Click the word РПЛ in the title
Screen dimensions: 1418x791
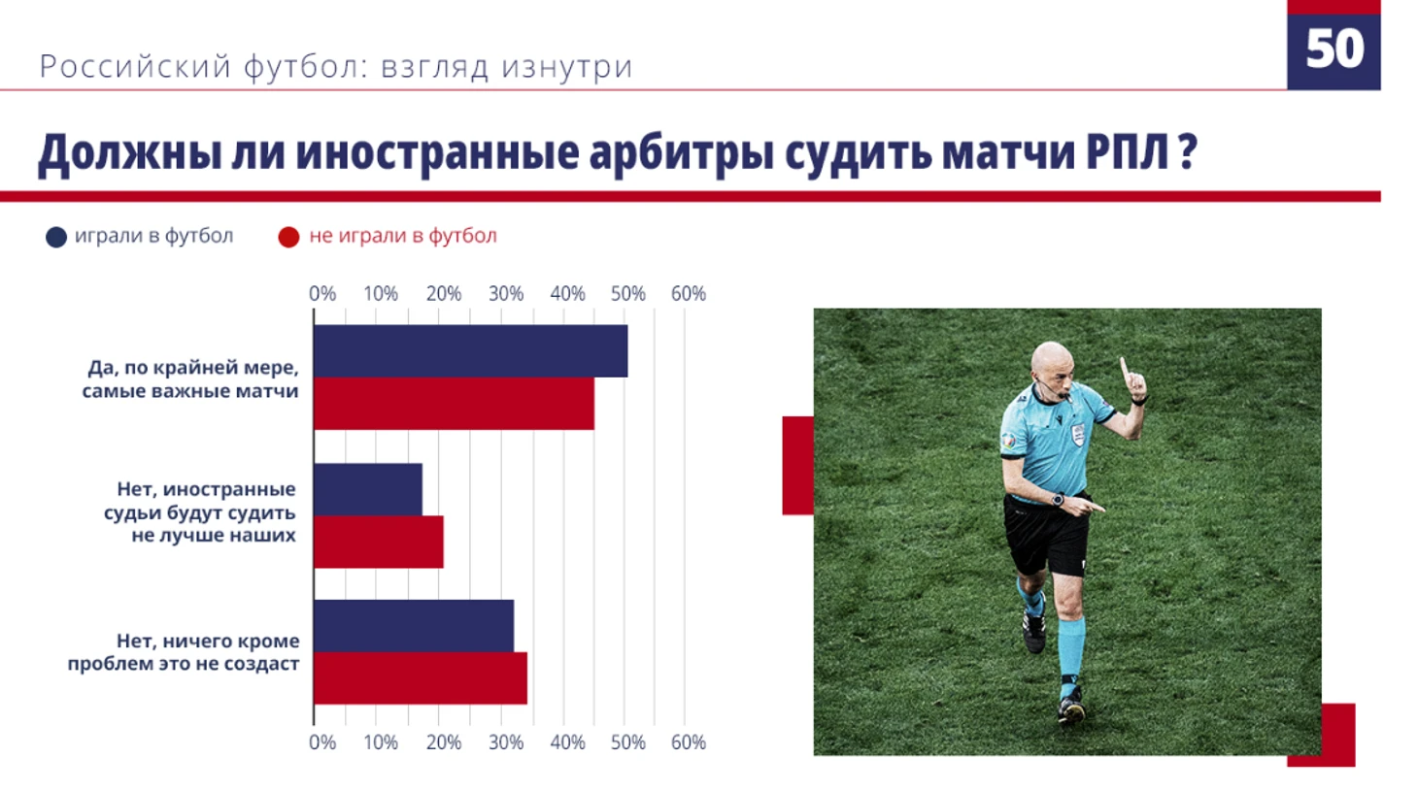(1128, 152)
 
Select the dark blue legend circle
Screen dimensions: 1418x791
(56, 237)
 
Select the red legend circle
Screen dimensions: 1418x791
(288, 237)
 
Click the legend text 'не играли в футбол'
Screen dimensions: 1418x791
(403, 236)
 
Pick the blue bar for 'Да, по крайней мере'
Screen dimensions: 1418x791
(471, 351)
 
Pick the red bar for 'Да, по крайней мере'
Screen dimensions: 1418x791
(454, 404)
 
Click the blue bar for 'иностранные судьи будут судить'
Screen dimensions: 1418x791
(368, 489)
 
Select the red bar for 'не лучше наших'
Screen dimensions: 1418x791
(379, 542)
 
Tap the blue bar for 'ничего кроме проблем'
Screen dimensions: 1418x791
(414, 626)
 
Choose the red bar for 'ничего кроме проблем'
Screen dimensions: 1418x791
(421, 678)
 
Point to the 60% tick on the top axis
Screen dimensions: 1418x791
(688, 294)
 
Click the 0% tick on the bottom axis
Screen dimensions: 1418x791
(322, 742)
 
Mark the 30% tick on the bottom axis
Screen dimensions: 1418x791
(506, 742)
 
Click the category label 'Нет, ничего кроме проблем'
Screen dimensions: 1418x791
(184, 652)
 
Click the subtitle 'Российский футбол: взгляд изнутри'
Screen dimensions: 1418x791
(336, 66)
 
